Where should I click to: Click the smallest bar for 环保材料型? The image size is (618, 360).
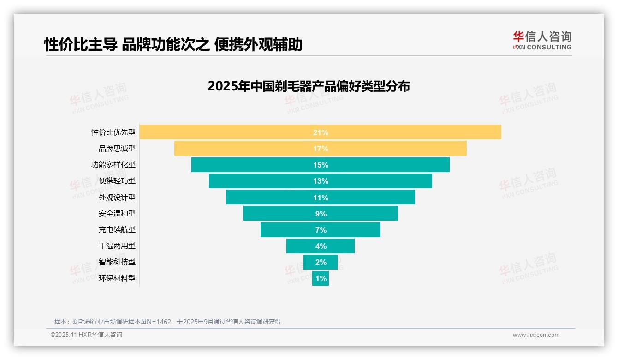point(321,278)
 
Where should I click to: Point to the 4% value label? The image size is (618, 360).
point(321,246)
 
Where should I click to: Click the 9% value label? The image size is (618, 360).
point(321,214)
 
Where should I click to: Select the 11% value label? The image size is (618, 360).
point(321,198)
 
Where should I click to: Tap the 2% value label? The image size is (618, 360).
point(321,262)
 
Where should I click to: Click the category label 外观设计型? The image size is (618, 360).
point(117,197)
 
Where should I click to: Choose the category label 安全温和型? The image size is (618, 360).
point(117,213)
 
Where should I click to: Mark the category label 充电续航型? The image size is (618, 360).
point(117,229)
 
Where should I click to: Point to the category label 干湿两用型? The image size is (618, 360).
point(117,246)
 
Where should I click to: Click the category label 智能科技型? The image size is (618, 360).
point(117,262)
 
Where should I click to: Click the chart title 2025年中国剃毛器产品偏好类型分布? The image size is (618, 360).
point(309,86)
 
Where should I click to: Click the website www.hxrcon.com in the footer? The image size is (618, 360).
point(536,335)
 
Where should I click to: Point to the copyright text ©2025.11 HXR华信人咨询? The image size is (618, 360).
point(86,335)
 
